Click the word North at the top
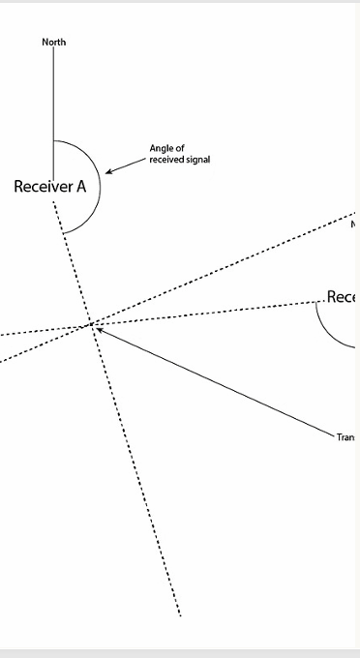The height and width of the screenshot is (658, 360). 53,42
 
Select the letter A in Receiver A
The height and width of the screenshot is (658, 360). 81,186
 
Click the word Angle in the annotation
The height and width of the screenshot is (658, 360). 160,148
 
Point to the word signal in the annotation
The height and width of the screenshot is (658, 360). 197,159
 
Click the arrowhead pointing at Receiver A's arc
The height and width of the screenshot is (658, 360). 108,172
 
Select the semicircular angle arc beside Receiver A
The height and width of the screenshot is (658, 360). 99,184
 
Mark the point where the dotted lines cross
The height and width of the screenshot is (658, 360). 92,324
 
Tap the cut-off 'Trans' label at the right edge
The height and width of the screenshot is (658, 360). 346,437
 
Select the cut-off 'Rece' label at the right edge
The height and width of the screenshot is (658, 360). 343,297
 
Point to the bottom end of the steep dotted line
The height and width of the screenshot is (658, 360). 180,613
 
